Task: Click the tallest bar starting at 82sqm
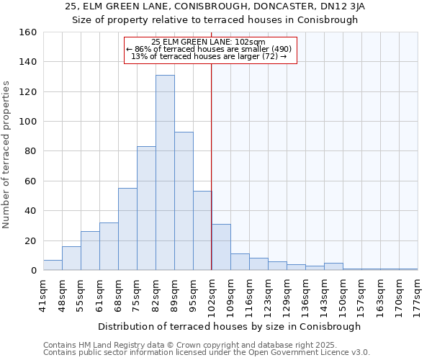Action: tap(165, 173)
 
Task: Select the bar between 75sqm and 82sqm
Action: tap(146, 208)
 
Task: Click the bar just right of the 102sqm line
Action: tap(221, 247)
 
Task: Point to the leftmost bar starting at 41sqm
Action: tap(53, 265)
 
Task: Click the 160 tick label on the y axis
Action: tap(28, 32)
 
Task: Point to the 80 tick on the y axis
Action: tap(31, 151)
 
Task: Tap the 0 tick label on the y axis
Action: tap(34, 271)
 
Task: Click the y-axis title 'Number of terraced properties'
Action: tap(7, 155)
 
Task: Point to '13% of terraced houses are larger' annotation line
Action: tap(210, 57)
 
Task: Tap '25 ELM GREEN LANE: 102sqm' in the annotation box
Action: tap(209, 42)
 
